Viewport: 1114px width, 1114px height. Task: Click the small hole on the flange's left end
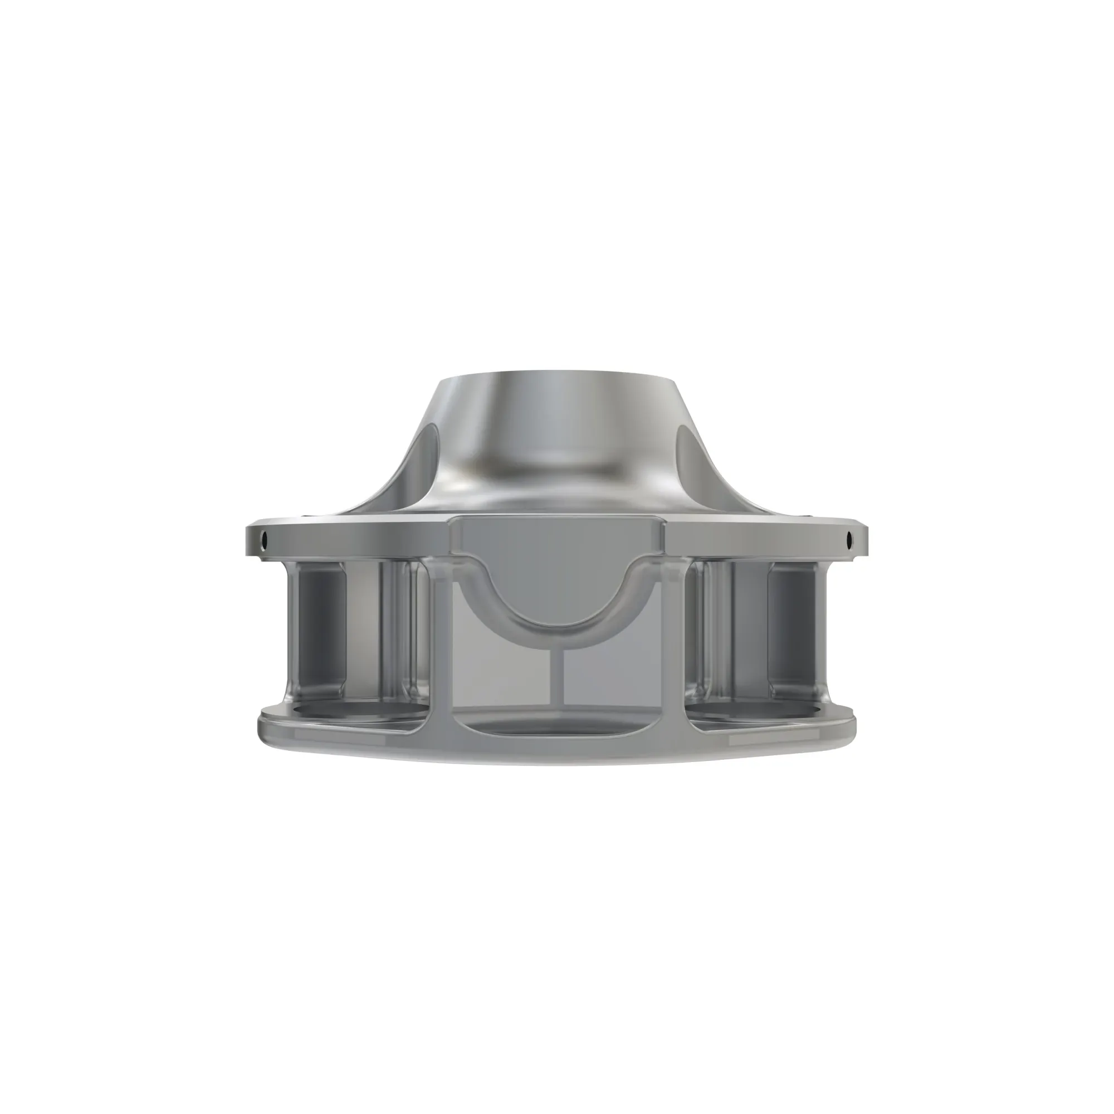(264, 541)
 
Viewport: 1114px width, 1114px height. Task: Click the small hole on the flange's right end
(849, 541)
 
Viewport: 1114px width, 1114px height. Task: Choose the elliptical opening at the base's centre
(557, 727)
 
